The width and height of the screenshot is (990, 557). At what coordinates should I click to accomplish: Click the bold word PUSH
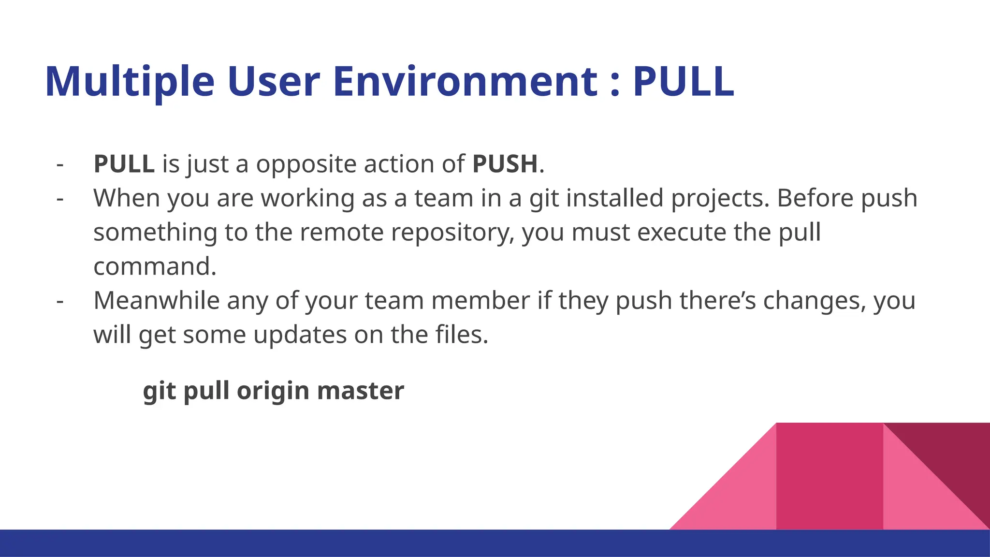[505, 164]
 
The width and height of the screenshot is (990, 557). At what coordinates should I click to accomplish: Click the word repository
[452, 233]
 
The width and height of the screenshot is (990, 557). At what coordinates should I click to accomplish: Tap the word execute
[681, 232]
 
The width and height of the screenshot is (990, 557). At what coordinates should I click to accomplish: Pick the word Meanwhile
[156, 300]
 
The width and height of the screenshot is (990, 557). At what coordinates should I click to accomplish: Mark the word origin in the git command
[273, 391]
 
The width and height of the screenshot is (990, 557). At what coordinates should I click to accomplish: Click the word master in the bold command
[360, 391]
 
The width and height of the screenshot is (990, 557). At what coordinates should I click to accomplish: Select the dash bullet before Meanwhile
[60, 301]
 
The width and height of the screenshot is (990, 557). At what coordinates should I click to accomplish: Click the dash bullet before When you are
[60, 199]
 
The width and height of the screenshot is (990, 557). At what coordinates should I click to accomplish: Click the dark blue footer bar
[338, 543]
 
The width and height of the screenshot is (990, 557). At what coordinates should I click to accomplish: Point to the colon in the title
[614, 83]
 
